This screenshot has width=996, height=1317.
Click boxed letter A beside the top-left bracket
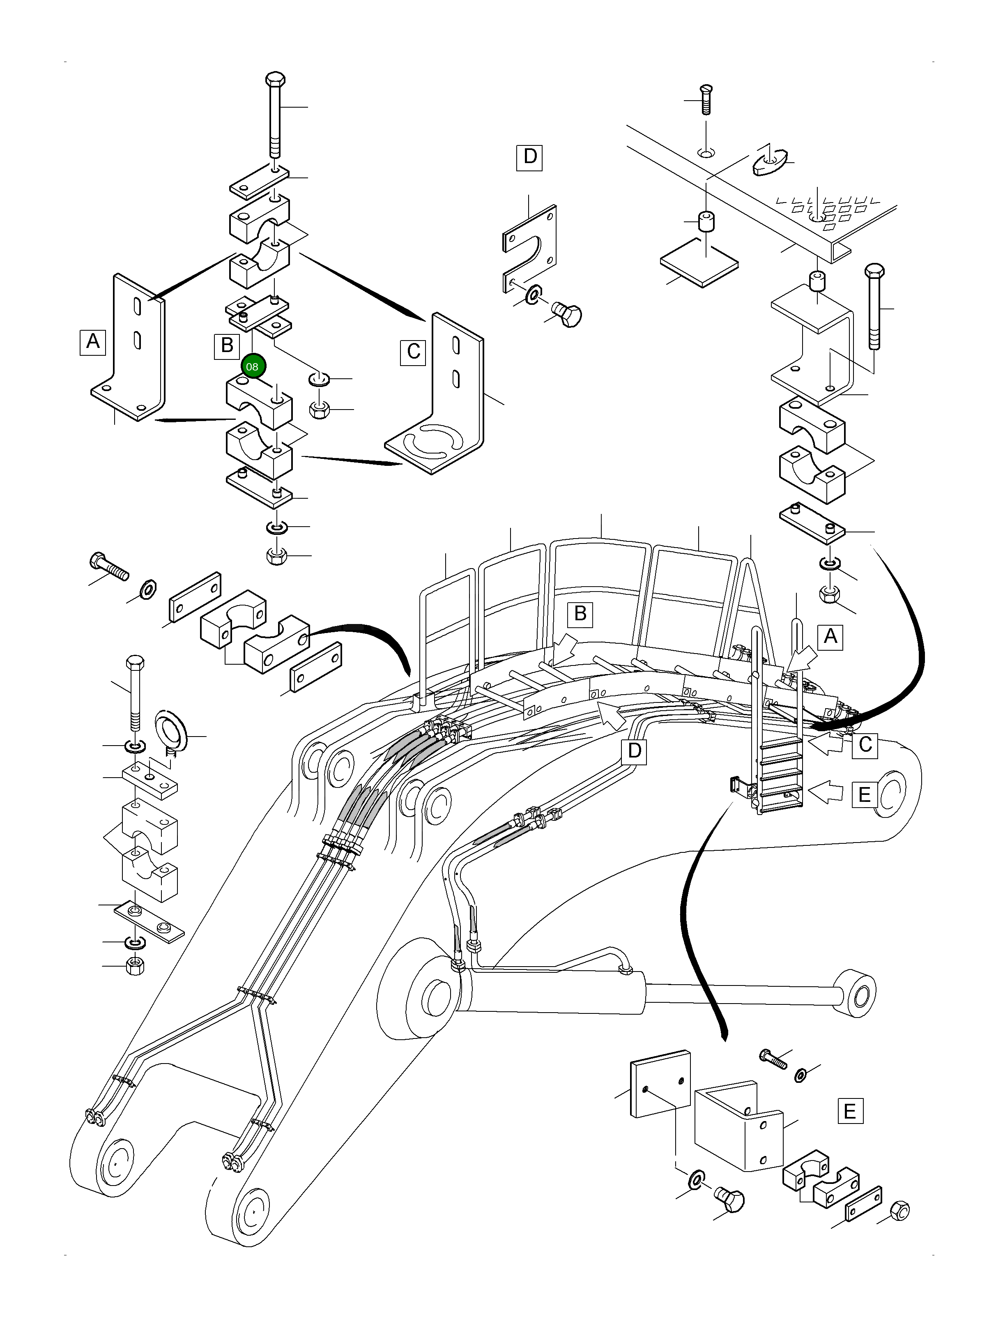click(93, 342)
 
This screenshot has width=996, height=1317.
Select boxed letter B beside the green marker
click(227, 346)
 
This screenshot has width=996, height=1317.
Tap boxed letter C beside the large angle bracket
click(413, 352)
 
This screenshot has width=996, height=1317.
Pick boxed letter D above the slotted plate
click(529, 157)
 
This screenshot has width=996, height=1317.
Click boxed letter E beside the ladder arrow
click(865, 795)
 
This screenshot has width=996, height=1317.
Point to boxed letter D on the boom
click(634, 751)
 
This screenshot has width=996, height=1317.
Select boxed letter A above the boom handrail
click(830, 637)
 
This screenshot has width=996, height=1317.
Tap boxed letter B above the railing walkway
click(580, 613)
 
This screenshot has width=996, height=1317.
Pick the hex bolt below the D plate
click(567, 314)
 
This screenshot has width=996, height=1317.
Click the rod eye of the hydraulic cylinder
click(857, 993)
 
